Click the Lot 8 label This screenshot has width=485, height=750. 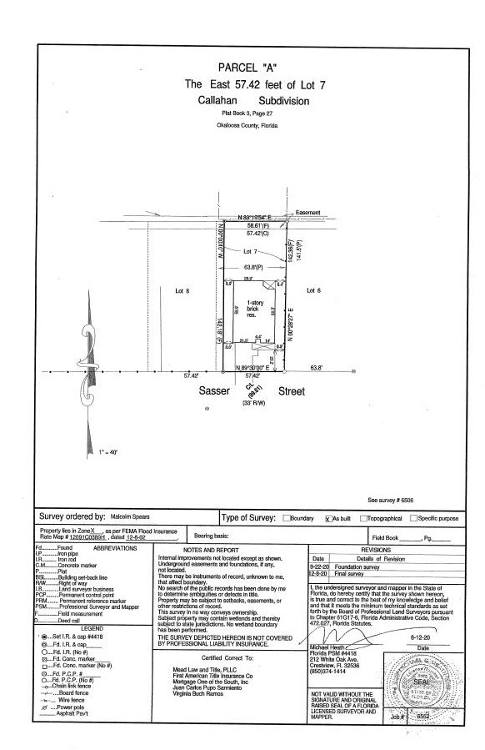(x=183, y=291)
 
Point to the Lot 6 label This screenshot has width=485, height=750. (x=314, y=290)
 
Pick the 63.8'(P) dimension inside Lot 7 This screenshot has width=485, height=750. (x=253, y=268)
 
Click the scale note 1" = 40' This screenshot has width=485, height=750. (x=107, y=451)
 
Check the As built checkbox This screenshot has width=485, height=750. (x=327, y=518)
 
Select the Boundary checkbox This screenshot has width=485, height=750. (x=287, y=518)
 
